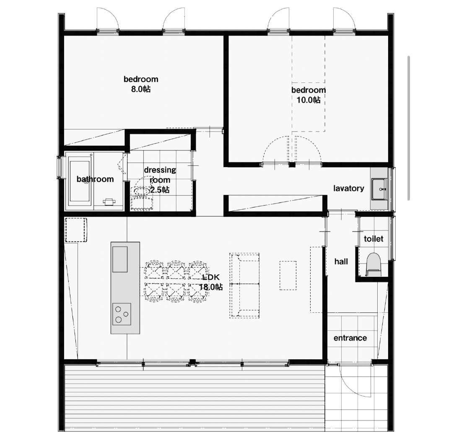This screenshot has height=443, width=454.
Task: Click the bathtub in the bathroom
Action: click(80, 181)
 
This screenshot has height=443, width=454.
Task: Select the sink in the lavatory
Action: click(379, 189)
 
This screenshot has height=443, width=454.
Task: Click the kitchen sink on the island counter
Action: click(120, 259)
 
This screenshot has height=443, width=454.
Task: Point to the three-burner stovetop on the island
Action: click(122, 314)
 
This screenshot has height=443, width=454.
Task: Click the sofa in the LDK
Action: click(245, 286)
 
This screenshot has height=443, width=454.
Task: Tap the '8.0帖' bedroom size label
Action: click(141, 89)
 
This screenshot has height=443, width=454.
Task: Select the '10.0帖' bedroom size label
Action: click(309, 100)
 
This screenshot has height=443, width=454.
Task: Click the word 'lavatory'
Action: click(349, 188)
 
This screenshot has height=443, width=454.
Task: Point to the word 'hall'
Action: click(341, 262)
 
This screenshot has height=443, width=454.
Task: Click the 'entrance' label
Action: click(350, 338)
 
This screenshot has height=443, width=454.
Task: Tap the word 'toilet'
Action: click(374, 239)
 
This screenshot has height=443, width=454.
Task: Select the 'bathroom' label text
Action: click(95, 179)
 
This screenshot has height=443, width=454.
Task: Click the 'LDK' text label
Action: click(211, 277)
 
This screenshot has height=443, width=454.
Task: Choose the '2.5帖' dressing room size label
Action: click(160, 190)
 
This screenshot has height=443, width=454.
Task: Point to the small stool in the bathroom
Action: click(109, 201)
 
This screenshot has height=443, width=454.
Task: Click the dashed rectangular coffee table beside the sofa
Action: click(288, 275)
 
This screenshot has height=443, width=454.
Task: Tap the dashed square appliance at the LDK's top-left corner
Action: click(76, 230)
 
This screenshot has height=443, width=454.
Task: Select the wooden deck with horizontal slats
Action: click(194, 398)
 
